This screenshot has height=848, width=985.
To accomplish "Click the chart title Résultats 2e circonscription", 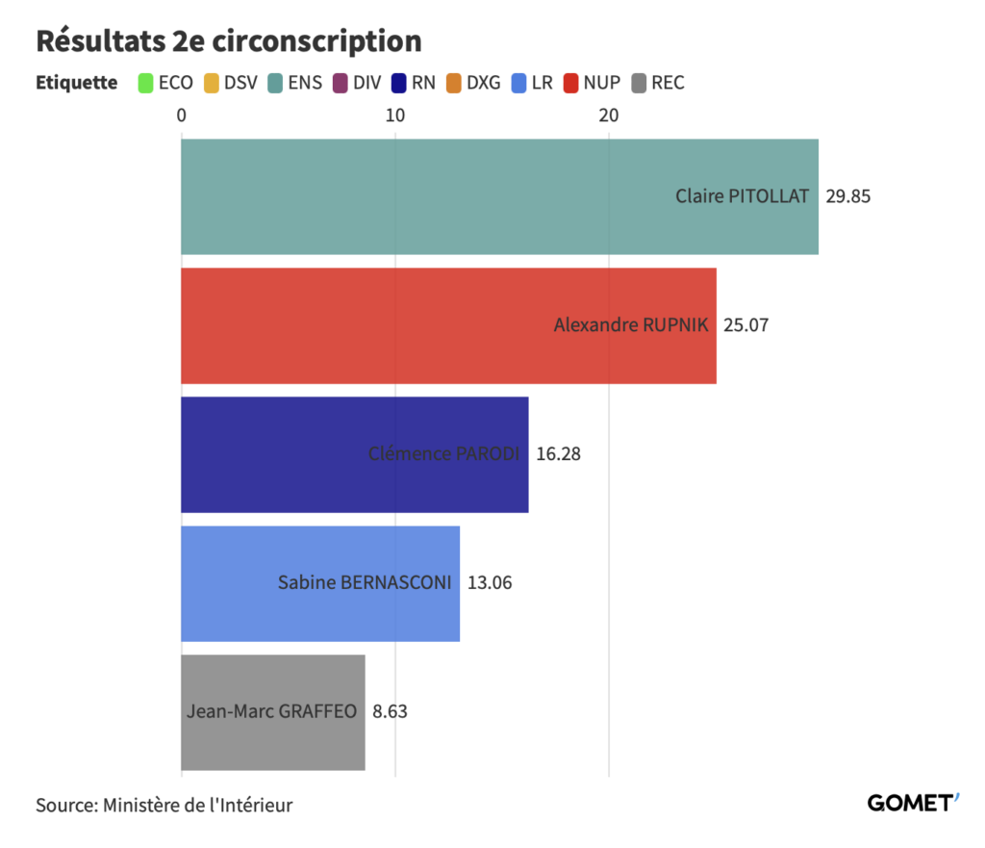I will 228,42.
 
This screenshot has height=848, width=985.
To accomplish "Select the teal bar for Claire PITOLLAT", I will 433,196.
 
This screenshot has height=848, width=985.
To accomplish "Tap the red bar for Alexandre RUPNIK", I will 385,325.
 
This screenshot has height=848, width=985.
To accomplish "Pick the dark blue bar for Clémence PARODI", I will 289,454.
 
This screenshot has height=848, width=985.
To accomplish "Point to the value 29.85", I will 847,196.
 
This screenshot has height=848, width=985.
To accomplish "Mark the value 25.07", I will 745,325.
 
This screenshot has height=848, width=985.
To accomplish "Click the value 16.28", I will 558,454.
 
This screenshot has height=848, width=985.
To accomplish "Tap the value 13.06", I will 489,583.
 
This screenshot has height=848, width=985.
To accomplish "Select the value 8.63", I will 391,712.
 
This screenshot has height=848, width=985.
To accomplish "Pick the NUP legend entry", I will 592,83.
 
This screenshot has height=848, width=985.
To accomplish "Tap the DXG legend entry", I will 473,83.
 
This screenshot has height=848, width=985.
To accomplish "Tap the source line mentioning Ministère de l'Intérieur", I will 164,805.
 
